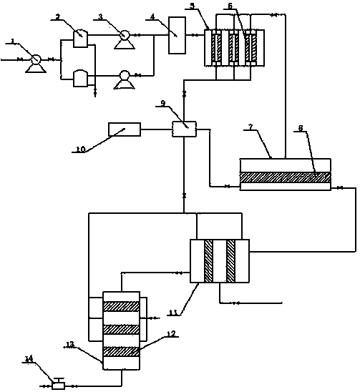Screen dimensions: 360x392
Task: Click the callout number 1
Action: click(13, 40)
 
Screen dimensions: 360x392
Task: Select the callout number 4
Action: click(152, 16)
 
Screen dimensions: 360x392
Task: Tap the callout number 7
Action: click(250, 127)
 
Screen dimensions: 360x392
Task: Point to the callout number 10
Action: click(81, 150)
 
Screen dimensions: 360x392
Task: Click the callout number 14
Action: click(29, 359)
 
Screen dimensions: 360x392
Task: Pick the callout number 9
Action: click(163, 103)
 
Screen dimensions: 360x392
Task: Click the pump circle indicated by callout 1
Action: click(36, 60)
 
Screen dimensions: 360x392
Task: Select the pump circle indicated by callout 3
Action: click(125, 35)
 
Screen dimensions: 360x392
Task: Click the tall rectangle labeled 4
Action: click(177, 35)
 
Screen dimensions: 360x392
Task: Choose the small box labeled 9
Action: click(184, 129)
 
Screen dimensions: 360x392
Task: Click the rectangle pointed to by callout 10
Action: click(125, 129)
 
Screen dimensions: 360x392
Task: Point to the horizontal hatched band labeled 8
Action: click(286, 177)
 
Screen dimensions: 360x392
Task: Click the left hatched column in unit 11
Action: click(209, 261)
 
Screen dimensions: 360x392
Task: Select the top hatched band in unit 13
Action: click(122, 306)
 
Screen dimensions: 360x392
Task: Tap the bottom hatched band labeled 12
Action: click(122, 351)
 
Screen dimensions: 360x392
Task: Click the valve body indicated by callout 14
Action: click(59, 386)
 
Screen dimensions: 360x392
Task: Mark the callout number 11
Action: click(173, 313)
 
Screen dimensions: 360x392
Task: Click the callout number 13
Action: click(70, 345)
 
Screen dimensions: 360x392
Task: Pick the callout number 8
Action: click(301, 128)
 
